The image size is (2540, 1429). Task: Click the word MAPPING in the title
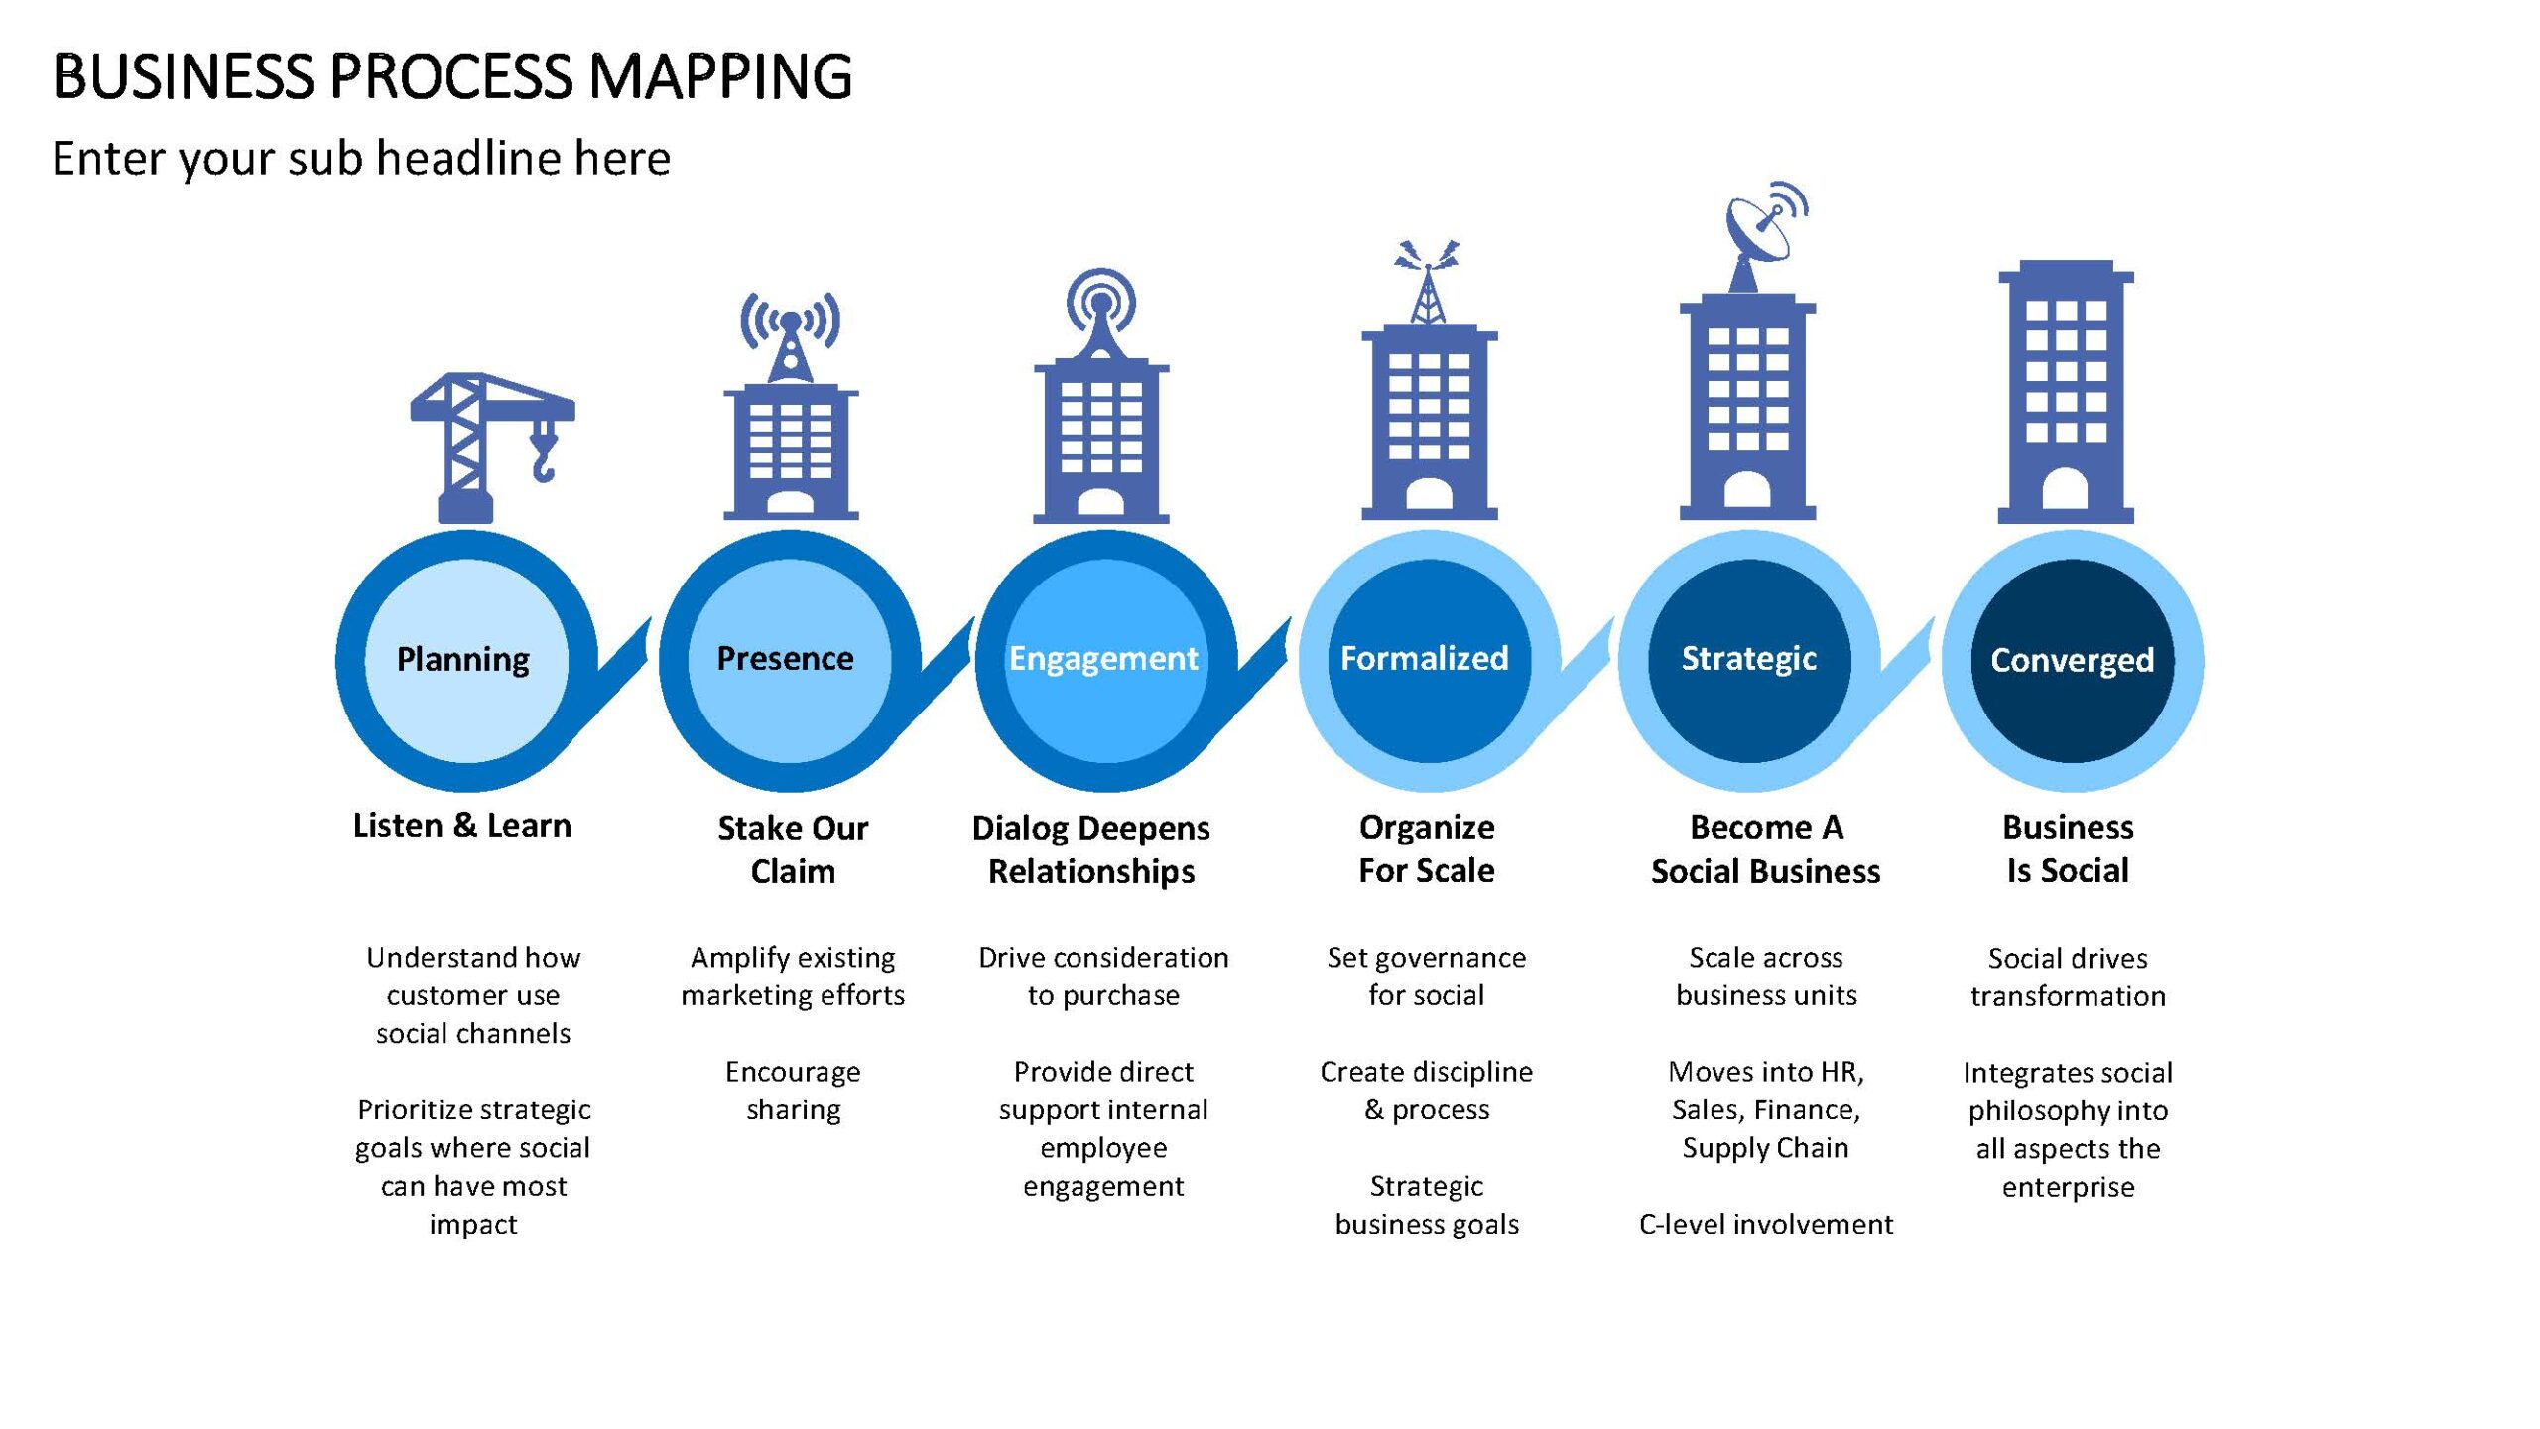pyautogui.click(x=720, y=76)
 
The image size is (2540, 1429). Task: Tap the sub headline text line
pyautogui.click(x=361, y=159)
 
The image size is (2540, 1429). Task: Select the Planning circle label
pyautogui.click(x=463, y=660)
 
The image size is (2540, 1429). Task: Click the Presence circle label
pyautogui.click(x=785, y=658)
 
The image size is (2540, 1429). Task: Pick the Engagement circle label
pyautogui.click(x=1103, y=659)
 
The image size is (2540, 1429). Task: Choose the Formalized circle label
pyautogui.click(x=1425, y=658)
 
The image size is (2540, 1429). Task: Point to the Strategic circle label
pyautogui.click(x=1749, y=659)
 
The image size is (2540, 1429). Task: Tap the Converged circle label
pyautogui.click(x=2072, y=660)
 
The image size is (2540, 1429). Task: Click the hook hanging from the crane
pyautogui.click(x=545, y=453)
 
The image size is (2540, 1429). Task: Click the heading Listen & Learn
pyautogui.click(x=462, y=826)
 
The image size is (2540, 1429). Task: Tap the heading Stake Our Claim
pyautogui.click(x=793, y=849)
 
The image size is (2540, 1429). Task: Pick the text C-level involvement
pyautogui.click(x=1766, y=1225)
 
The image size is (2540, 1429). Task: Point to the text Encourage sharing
pyautogui.click(x=793, y=1091)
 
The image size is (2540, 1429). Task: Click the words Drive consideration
pyautogui.click(x=1103, y=958)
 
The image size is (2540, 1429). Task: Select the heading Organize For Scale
pyautogui.click(x=1427, y=848)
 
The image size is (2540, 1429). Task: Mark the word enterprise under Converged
pyautogui.click(x=2068, y=1188)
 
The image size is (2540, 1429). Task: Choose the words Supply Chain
pyautogui.click(x=1766, y=1148)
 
